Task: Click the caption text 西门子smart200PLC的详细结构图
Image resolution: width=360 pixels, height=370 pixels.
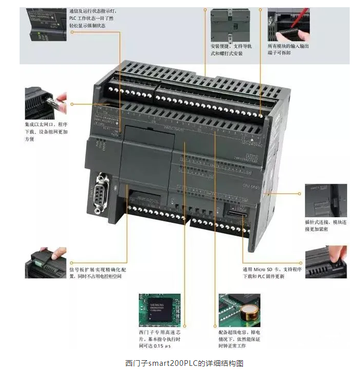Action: pyautogui.click(x=180, y=363)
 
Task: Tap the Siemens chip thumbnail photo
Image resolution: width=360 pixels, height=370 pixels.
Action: pyautogui.click(x=159, y=310)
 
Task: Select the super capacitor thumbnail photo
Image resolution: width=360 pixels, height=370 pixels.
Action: pyautogui.click(x=239, y=310)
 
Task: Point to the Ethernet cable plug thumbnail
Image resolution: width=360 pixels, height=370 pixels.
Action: pyautogui.click(x=45, y=103)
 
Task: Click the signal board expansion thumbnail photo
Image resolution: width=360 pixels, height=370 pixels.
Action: pyautogui.click(x=45, y=262)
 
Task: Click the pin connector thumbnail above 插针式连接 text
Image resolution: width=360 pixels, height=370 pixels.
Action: pyautogui.click(x=325, y=201)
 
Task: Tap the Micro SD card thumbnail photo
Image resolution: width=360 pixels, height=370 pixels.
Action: pyautogui.click(x=325, y=262)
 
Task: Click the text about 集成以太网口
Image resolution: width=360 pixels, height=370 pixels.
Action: pyautogui.click(x=45, y=132)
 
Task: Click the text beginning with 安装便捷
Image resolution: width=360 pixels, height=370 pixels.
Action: pyautogui.click(x=231, y=50)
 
